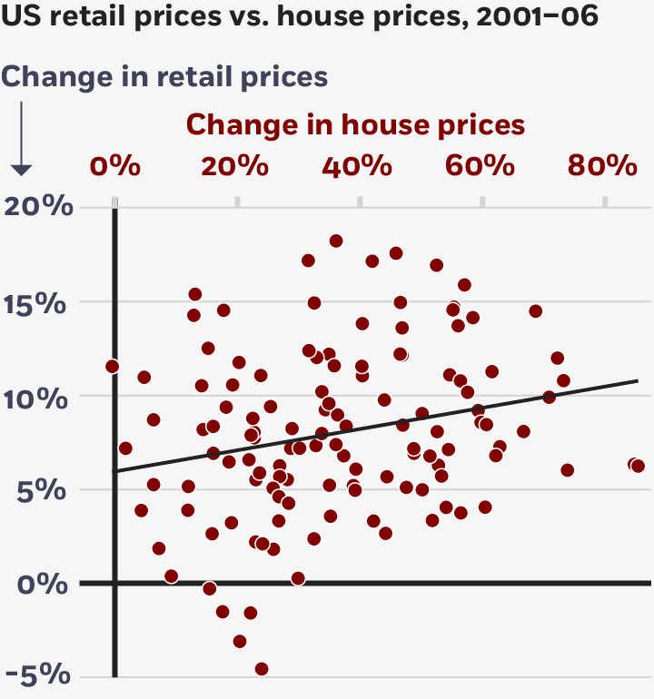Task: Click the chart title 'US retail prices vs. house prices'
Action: [300, 17]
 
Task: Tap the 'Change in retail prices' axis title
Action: [164, 76]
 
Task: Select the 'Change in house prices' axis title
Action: [356, 123]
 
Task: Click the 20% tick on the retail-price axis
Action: [38, 207]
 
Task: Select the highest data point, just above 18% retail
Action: [335, 241]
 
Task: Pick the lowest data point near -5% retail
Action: [262, 669]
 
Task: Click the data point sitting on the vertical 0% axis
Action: [113, 366]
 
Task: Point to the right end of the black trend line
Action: [637, 381]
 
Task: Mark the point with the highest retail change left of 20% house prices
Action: [194, 294]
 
